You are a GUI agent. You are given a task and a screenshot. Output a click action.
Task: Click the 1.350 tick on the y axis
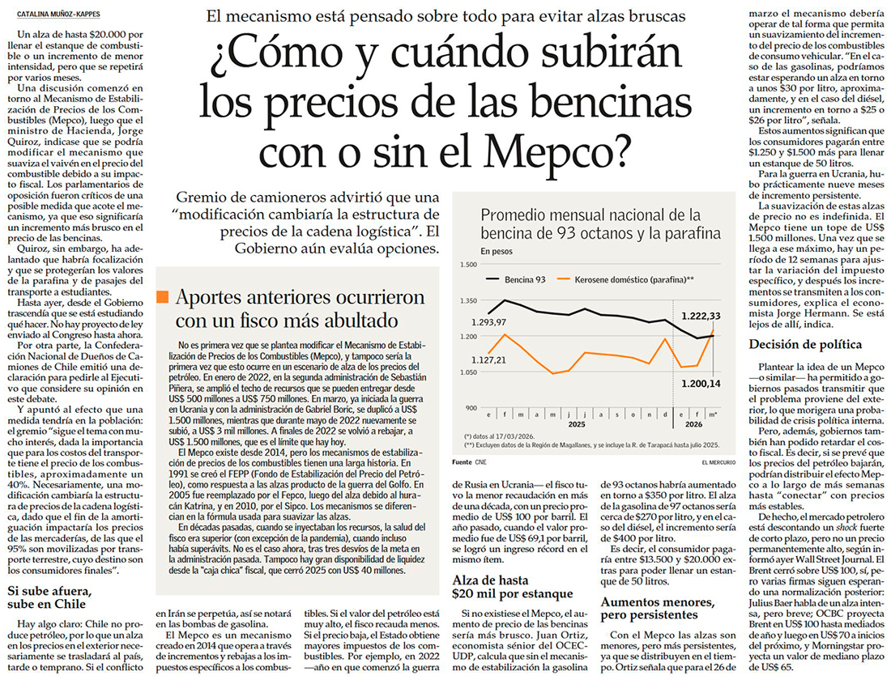(470, 300)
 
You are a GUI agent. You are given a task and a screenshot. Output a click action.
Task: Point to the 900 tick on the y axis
(471, 408)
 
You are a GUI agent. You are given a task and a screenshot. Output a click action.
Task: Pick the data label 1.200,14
(700, 383)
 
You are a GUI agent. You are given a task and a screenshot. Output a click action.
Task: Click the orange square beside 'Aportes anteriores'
(163, 296)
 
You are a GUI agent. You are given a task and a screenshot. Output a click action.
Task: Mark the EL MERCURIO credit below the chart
(712, 461)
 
